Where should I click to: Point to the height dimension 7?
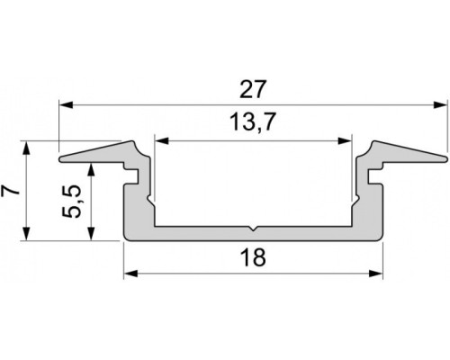[x=10, y=190]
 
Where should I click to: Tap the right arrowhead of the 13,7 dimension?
[x=345, y=140]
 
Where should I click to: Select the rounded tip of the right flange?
[x=444, y=160]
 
